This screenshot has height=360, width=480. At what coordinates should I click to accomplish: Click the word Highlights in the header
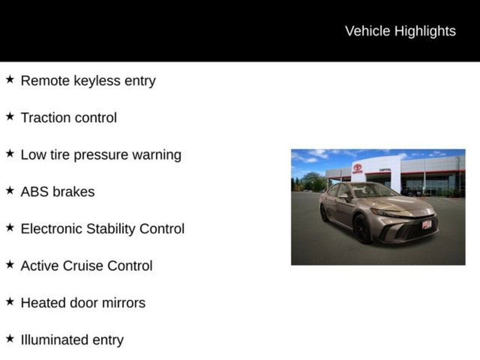click(x=425, y=31)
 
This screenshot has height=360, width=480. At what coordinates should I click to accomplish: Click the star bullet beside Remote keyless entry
click(x=10, y=80)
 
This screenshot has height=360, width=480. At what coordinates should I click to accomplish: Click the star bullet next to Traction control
click(x=10, y=116)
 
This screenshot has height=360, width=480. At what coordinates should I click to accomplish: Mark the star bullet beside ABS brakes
click(x=10, y=190)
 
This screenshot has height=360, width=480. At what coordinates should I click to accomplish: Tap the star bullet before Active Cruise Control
click(x=10, y=264)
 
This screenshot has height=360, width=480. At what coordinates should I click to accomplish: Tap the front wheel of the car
click(x=362, y=229)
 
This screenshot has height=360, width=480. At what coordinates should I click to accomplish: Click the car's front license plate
click(x=427, y=225)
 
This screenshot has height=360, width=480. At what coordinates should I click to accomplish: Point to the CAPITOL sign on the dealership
click(x=385, y=170)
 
